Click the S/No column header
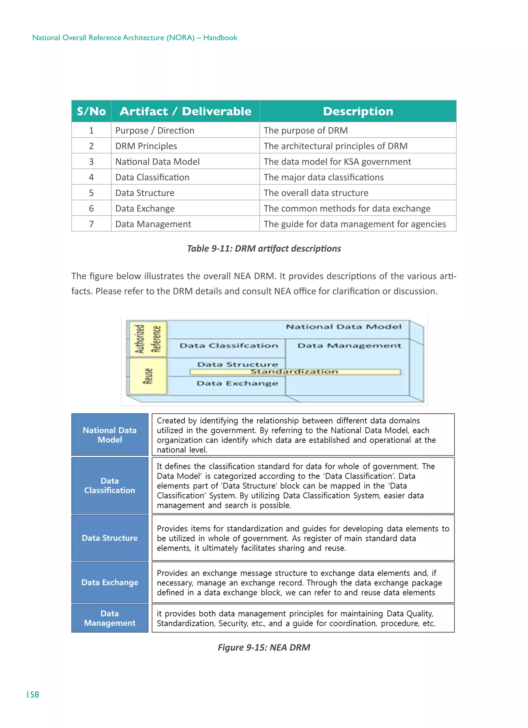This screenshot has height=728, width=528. (x=91, y=111)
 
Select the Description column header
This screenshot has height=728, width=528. (x=358, y=111)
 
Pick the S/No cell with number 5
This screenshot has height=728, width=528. (x=91, y=193)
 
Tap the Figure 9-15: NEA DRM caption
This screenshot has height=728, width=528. (x=264, y=648)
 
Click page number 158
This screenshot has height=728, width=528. (x=33, y=695)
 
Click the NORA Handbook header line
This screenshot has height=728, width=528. (x=135, y=38)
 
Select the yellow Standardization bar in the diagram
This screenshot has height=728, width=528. (x=295, y=372)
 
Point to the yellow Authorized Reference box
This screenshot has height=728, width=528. (x=148, y=339)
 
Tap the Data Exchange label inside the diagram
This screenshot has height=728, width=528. (x=237, y=383)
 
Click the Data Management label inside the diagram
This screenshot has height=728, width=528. (x=349, y=346)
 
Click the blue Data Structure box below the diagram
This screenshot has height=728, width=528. (x=110, y=538)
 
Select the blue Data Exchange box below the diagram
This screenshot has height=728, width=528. (x=110, y=582)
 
